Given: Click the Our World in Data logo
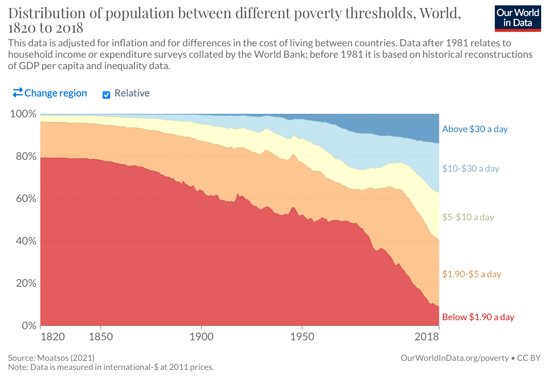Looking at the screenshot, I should click(518, 18).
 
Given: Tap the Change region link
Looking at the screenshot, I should click(50, 93).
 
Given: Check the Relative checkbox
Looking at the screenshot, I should click(106, 95).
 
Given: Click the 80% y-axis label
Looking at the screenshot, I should click(26, 156).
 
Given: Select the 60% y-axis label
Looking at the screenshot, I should click(26, 199).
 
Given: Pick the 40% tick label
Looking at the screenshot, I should click(26, 241).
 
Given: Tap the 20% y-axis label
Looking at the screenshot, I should click(26, 283).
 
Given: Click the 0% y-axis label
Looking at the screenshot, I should click(29, 326).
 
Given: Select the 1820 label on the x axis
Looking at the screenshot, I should click(53, 337).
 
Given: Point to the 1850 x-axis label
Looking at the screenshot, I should click(101, 337).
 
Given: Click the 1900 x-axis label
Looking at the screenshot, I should click(201, 337).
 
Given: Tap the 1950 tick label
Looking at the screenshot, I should click(302, 337).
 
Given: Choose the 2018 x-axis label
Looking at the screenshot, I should click(426, 337).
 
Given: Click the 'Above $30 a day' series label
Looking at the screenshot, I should click(475, 129).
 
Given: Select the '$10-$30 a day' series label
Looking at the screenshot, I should click(470, 169).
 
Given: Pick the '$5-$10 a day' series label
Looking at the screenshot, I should click(468, 217).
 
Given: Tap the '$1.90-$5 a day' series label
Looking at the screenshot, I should click(472, 274).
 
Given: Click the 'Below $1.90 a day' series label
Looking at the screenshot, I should click(478, 317).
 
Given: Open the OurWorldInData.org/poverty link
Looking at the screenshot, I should click(455, 358).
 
